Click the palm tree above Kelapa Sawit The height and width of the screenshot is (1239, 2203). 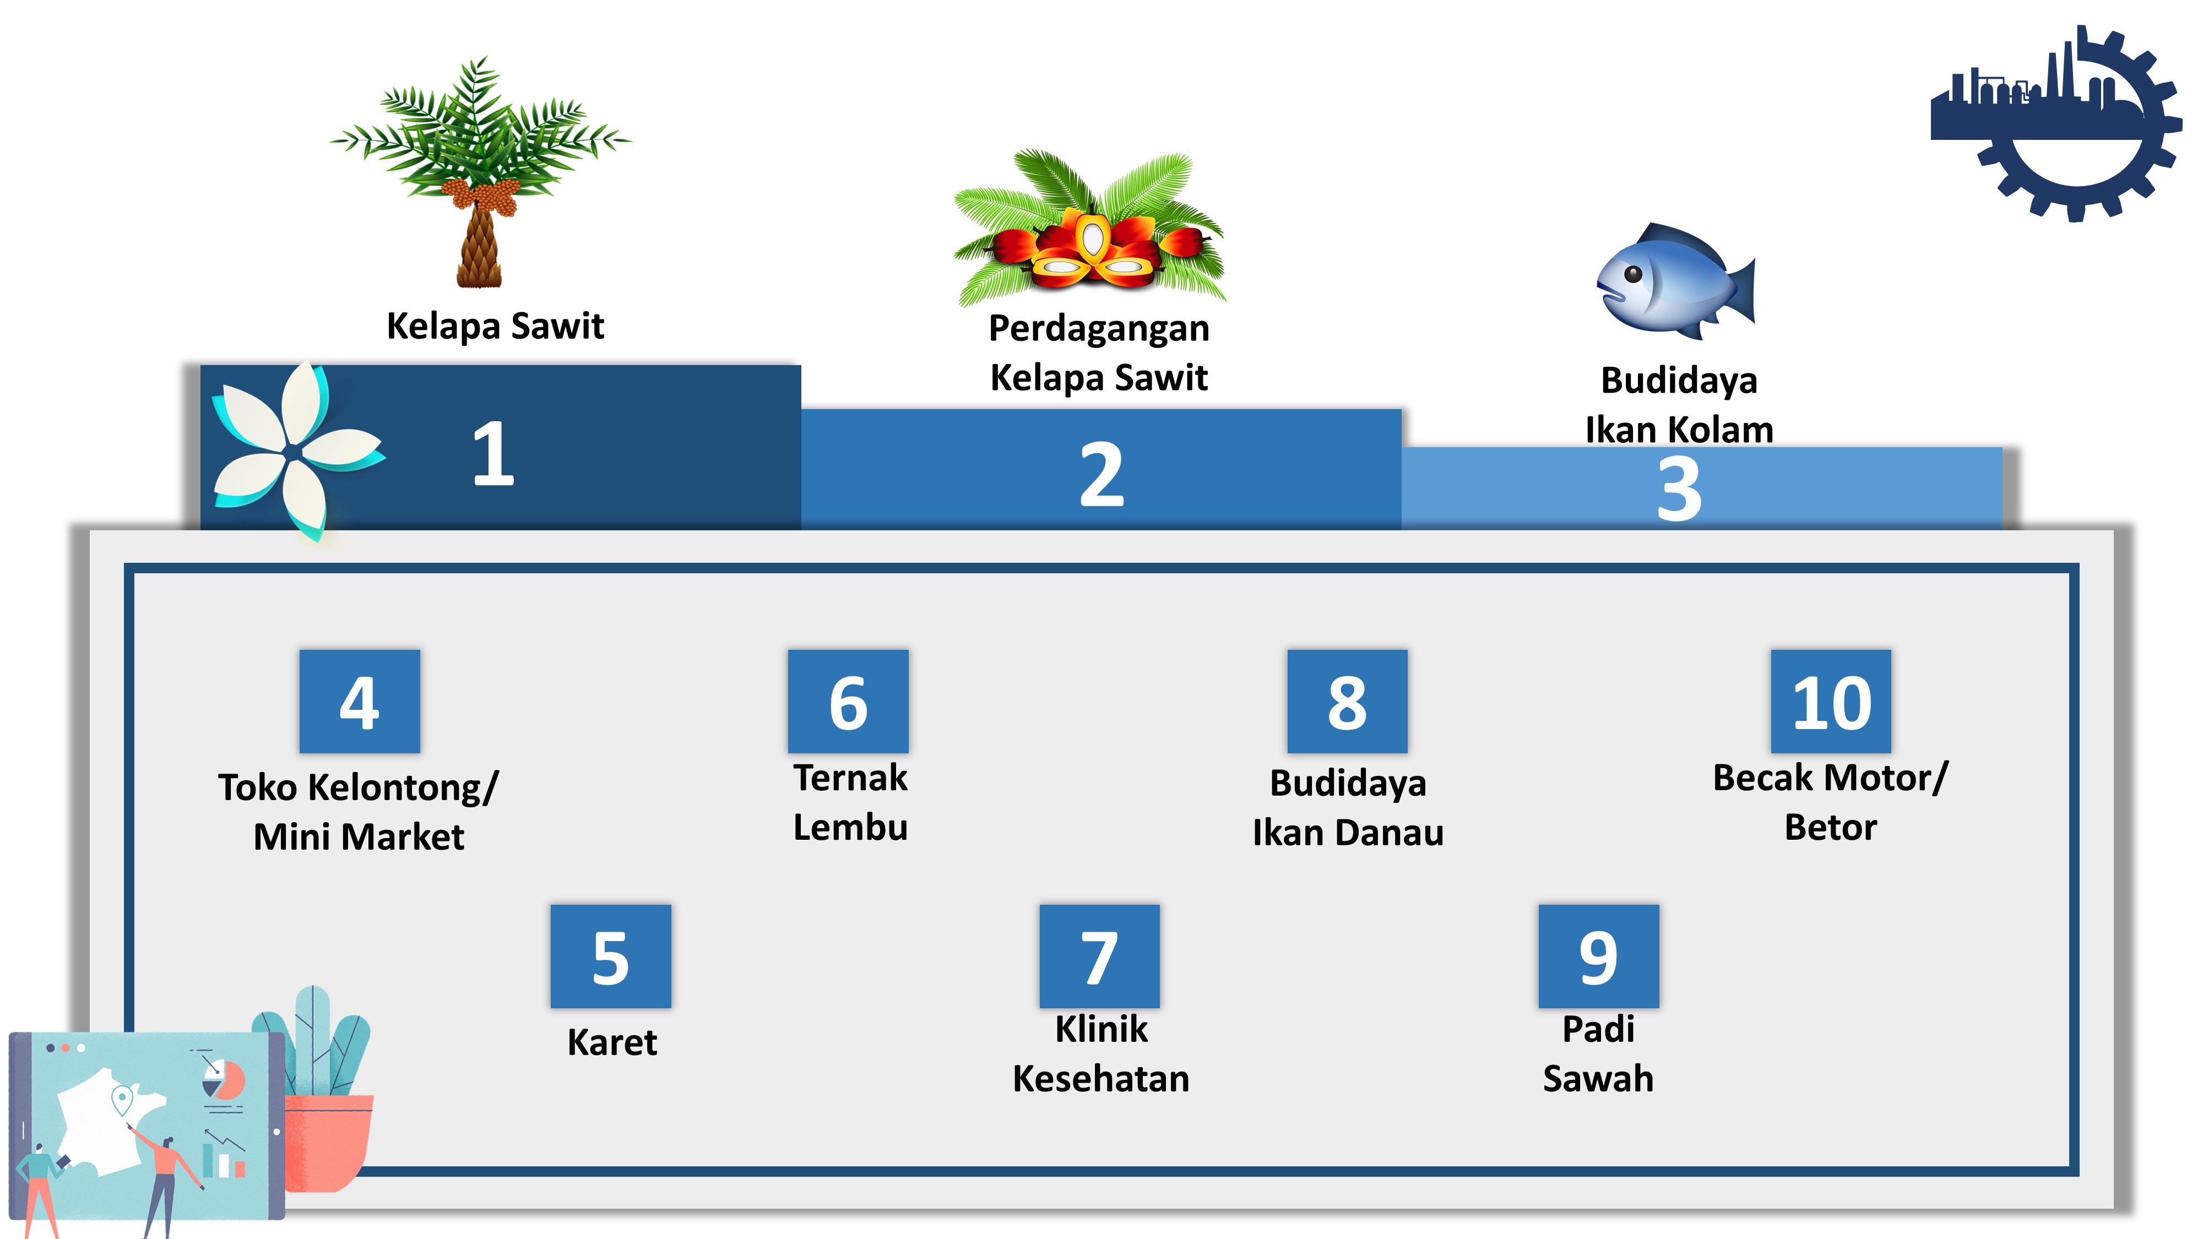click(481, 171)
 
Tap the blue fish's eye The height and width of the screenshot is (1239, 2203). click(1632, 274)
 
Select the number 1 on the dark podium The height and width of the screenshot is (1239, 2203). click(493, 454)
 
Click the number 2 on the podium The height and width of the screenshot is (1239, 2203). click(1101, 475)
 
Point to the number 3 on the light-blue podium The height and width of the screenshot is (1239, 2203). click(1679, 489)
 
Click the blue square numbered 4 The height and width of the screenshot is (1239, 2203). click(359, 701)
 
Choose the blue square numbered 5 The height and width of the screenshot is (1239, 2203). click(611, 956)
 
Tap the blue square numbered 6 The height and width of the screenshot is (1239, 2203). click(848, 701)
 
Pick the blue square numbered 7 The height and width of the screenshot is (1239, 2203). click(1099, 956)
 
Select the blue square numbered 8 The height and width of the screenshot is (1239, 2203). click(1347, 701)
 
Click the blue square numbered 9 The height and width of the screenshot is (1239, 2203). click(1598, 956)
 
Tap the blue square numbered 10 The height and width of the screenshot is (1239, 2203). click(1831, 701)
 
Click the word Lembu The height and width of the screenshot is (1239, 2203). click(850, 827)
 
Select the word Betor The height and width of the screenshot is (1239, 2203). click(1830, 827)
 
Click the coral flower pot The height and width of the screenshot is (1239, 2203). click(329, 1142)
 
